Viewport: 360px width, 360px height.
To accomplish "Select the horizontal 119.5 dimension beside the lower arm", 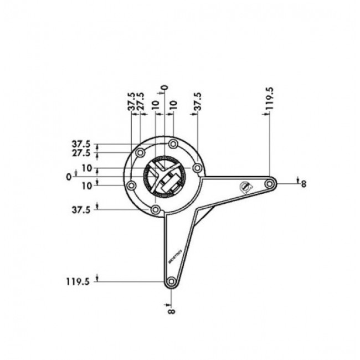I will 78,281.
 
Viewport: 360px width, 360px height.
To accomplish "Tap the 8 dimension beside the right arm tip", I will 303,184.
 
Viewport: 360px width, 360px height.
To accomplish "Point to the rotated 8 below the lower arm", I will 171,311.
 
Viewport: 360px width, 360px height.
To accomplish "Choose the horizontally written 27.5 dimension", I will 81,152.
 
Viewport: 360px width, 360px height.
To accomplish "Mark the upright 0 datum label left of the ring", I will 68,177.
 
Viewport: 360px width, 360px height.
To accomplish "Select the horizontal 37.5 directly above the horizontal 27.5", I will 81,143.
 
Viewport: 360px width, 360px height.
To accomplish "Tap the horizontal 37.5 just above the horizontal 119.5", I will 81,210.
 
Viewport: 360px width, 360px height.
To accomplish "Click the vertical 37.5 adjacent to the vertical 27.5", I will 131,102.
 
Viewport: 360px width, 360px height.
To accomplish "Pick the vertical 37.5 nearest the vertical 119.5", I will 198,102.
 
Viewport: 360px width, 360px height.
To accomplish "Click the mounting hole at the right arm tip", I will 270,183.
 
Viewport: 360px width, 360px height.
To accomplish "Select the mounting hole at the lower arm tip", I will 171,282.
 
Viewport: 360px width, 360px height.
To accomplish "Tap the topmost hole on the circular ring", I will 173,144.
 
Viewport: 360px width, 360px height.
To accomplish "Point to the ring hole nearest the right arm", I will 197,167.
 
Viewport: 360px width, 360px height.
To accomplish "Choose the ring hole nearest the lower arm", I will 156,209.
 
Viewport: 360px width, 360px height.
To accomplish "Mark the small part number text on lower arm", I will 185,255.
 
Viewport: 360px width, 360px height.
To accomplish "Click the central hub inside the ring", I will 164,177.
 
